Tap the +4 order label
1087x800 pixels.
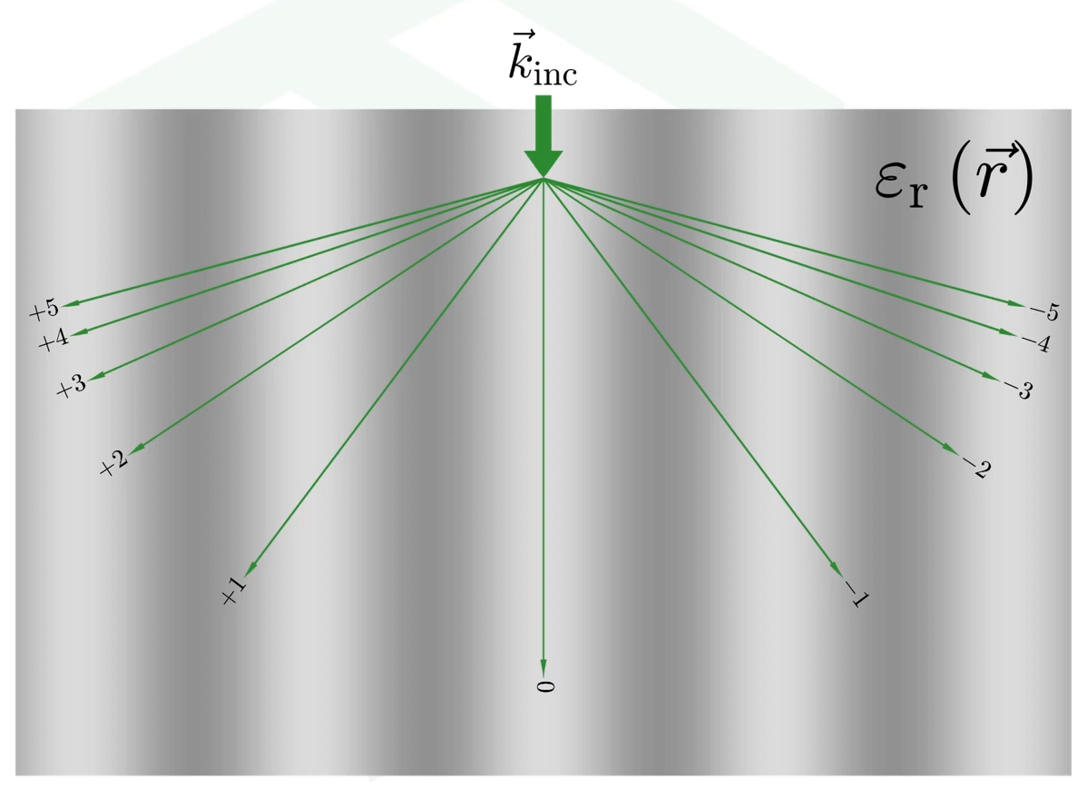point(54,341)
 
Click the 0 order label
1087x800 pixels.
point(544,686)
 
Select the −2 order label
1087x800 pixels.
point(975,468)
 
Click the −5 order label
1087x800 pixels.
point(1043,311)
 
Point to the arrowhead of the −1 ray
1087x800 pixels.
point(836,568)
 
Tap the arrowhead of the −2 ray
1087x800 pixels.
point(950,449)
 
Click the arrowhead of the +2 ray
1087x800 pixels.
point(138,448)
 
